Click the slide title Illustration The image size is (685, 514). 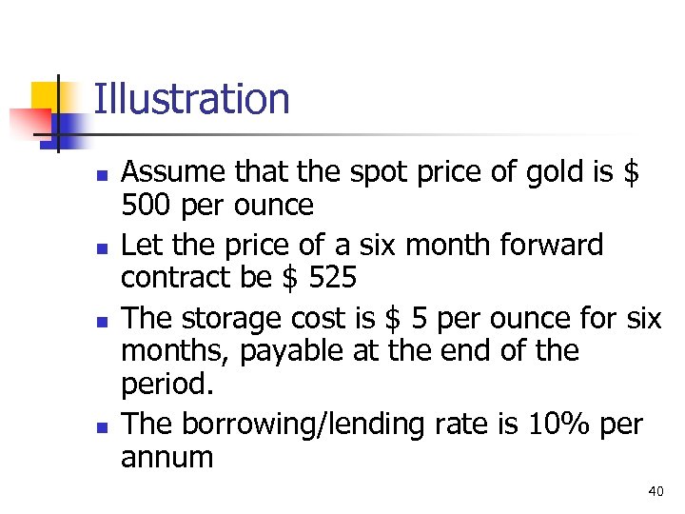pos(191,99)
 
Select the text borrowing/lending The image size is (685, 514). pos(317,424)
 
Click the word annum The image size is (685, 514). pos(167,457)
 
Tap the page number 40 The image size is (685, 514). pos(655,491)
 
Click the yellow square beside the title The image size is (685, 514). pos(46,97)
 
